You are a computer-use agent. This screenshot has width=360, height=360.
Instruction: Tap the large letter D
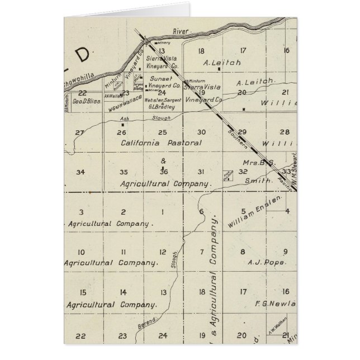[x=82, y=55]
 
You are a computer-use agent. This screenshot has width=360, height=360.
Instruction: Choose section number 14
[x=123, y=292]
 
